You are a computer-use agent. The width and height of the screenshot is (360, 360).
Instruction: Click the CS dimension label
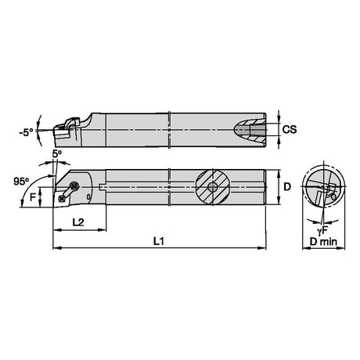point(290,129)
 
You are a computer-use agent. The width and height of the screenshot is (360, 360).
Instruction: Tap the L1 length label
point(158,241)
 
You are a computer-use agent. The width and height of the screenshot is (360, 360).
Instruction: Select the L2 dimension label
point(78,222)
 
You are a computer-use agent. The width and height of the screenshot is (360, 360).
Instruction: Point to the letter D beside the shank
point(287,186)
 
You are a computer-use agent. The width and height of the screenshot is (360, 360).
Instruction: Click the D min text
point(323,242)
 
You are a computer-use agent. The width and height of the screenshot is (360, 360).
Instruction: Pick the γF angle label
point(322,230)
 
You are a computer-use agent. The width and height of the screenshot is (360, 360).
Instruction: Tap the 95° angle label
point(21,181)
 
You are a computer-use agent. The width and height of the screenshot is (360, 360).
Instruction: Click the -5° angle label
point(27,132)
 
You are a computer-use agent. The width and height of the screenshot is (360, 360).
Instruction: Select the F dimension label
point(33,197)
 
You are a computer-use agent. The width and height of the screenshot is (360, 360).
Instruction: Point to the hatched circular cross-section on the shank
point(213,187)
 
